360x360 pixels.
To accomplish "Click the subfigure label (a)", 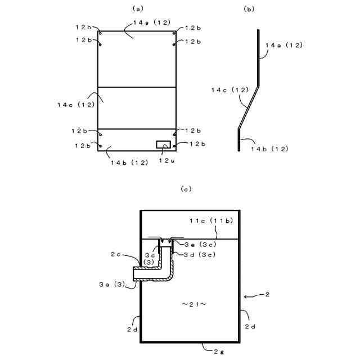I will click(x=138, y=8).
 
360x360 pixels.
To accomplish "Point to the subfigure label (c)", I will click(x=186, y=188).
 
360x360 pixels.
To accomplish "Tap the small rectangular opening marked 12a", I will click(x=163, y=145).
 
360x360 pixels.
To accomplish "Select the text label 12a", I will click(x=166, y=161).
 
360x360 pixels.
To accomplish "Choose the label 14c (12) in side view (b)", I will click(x=229, y=89).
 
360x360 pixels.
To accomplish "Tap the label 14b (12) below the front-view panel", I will click(x=129, y=163).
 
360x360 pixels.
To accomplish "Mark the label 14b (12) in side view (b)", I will click(x=269, y=148).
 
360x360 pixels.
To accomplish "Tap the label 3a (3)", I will click(x=111, y=285).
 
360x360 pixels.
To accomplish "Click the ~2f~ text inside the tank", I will click(x=194, y=304).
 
